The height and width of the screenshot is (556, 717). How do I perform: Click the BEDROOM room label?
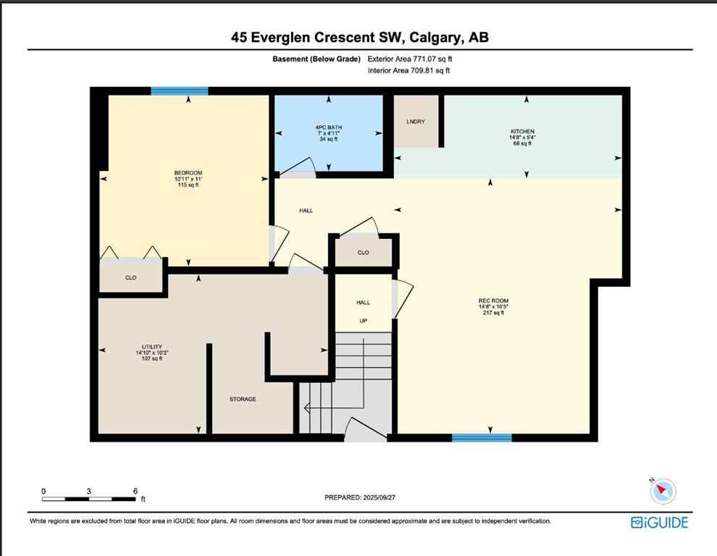point(188,172)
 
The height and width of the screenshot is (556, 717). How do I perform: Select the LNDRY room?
point(416,122)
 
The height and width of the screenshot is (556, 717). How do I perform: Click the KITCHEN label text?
point(521,132)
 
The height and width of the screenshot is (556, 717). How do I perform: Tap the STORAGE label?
point(243,399)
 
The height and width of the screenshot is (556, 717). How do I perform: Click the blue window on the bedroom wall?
point(180,91)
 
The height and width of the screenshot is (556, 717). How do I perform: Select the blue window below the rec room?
point(482,437)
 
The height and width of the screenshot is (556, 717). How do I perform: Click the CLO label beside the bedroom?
point(130,277)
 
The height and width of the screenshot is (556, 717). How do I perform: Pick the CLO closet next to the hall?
point(363,253)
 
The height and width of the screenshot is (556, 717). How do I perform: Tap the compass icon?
point(662,492)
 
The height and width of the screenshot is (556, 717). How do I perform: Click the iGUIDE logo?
point(659,523)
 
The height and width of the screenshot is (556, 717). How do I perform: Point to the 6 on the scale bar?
point(135,491)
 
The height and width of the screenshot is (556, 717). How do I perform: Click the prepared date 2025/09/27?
point(391,497)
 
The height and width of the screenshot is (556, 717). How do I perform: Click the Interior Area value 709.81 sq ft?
point(430,70)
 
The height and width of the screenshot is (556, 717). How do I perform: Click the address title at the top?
point(359,38)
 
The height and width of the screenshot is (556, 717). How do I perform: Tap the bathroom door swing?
point(297,168)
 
